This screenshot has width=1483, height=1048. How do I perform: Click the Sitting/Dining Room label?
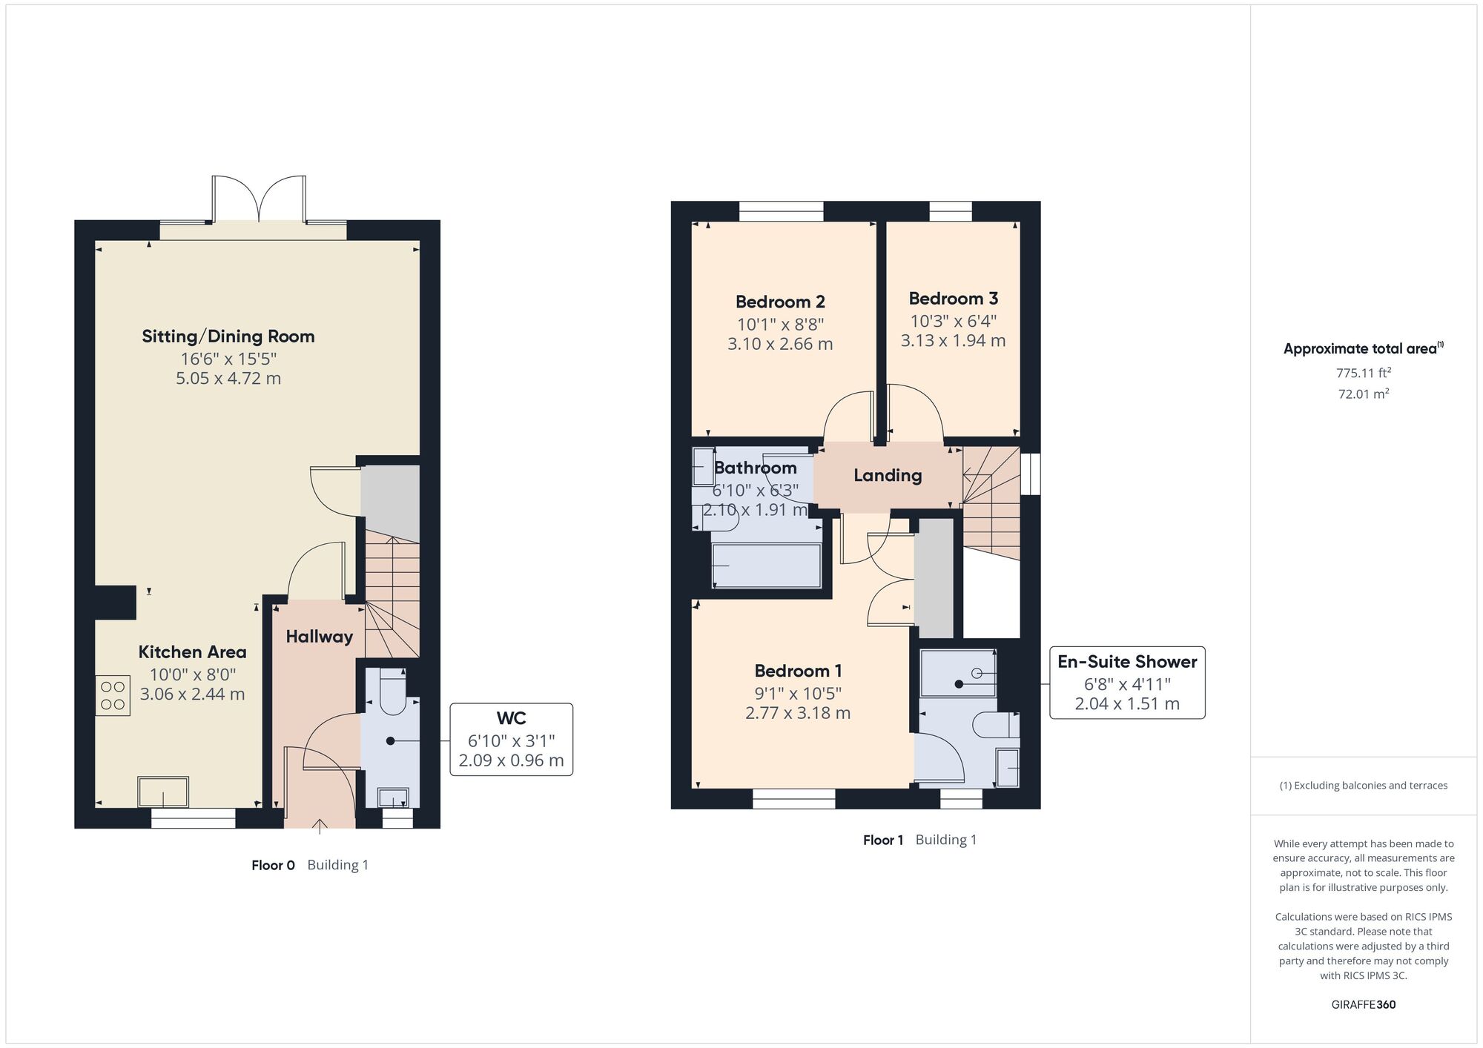tap(228, 336)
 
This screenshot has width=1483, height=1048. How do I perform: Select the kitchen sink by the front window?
tap(163, 792)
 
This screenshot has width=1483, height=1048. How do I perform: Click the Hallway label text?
tap(319, 637)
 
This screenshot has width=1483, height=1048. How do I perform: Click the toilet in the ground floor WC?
tap(392, 692)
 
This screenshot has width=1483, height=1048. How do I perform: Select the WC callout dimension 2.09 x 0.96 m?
tap(511, 760)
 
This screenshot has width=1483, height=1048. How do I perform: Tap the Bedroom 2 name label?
tap(780, 302)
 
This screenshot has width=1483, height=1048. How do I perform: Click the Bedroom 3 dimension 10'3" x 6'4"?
tap(954, 321)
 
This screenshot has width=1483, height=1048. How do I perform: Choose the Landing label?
tap(888, 475)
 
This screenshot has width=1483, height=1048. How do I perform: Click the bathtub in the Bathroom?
tap(767, 566)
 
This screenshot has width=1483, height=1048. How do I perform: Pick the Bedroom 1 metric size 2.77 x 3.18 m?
tap(798, 713)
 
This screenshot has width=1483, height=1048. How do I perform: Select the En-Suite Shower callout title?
tap(1127, 662)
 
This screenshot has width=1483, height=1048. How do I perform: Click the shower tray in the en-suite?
tap(958, 673)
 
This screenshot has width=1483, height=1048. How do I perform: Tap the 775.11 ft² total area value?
tap(1364, 373)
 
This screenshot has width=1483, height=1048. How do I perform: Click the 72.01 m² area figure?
tap(1364, 394)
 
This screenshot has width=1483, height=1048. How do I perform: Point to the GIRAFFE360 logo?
tap(1364, 1005)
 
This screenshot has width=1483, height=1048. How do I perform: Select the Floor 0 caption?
tap(273, 865)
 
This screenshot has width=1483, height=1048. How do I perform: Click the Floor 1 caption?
tap(883, 840)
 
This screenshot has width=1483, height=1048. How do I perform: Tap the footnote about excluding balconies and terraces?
tap(1364, 786)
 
